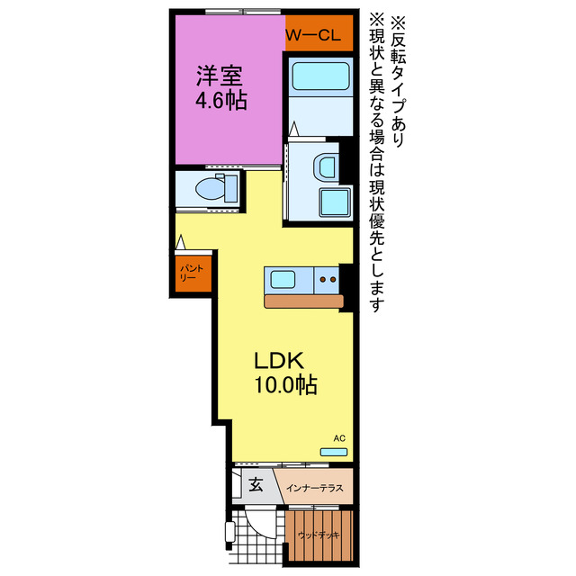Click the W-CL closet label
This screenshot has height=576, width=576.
[312, 36]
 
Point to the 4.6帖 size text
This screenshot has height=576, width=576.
[221, 100]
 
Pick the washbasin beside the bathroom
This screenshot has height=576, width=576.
[326, 166]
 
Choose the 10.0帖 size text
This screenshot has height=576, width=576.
[283, 386]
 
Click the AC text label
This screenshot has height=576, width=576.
[339, 438]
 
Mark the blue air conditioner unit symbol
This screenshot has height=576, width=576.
[334, 451]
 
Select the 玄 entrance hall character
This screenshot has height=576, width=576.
[256, 484]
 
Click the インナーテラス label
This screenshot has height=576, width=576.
[314, 489]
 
